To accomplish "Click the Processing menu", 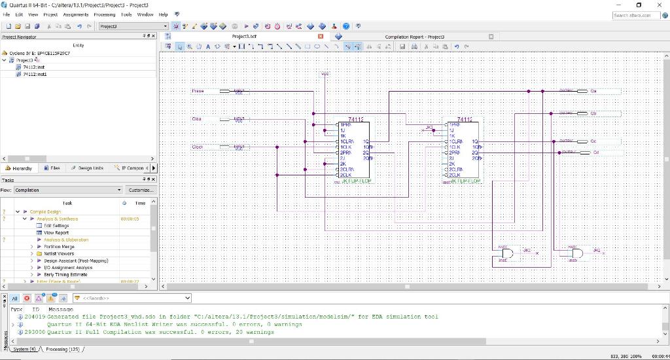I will tap(104, 14).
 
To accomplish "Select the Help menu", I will tap(164, 14).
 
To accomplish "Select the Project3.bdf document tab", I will tap(244, 37).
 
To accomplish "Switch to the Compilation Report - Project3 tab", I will tap(414, 37).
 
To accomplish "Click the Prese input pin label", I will tap(198, 91).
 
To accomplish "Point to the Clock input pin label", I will tap(198, 147).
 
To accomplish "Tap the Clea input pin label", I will tap(196, 119).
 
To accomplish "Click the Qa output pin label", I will tap(593, 91).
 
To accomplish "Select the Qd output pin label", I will tap(595, 153).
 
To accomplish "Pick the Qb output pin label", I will tap(593, 113).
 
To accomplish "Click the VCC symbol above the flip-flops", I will tap(325, 74).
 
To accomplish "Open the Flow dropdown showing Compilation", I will tap(68, 190).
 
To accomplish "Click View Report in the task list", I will tap(56, 232).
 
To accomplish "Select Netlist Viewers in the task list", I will tap(59, 253).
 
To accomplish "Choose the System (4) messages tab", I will tap(24, 349).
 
